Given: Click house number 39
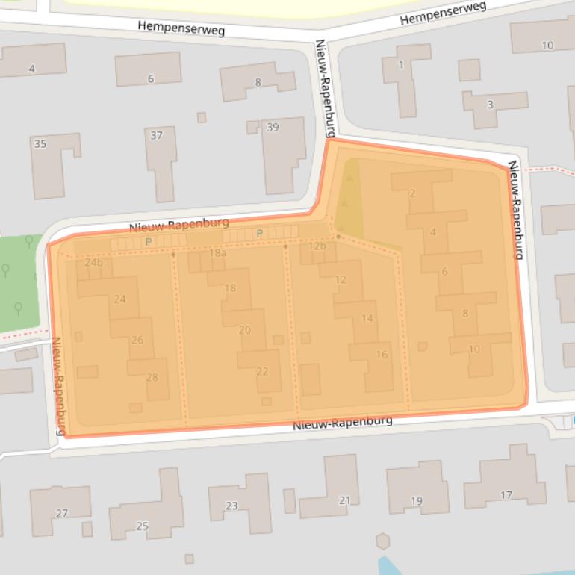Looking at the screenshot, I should [x=273, y=128].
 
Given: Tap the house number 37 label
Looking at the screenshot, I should [x=157, y=135].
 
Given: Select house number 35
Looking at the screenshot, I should [x=40, y=143].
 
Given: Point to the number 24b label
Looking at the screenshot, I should [x=94, y=262].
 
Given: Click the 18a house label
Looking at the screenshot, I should [x=217, y=253].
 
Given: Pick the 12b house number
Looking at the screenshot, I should [x=317, y=246].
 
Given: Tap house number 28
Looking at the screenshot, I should [x=152, y=377].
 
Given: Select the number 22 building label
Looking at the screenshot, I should [x=262, y=371].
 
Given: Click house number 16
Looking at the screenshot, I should [x=382, y=355].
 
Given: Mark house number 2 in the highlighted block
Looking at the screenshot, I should [x=412, y=194].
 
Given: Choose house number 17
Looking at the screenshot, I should [x=506, y=494].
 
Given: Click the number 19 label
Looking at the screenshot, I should [x=417, y=500].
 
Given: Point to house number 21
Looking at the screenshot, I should [x=344, y=500].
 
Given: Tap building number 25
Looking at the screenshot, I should [x=142, y=526].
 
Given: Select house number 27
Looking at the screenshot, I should [x=61, y=513].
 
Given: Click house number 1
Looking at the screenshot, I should [x=401, y=65].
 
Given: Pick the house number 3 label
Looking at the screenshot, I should [x=490, y=104].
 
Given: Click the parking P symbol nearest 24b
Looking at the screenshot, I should [x=148, y=242].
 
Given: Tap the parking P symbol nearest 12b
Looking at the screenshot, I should [x=260, y=234].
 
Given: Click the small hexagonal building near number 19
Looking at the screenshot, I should [x=383, y=541].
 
